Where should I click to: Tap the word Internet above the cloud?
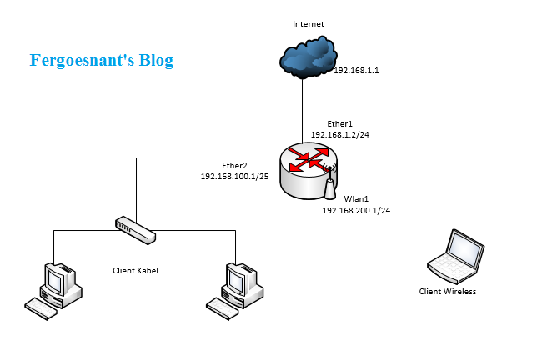point(308,24)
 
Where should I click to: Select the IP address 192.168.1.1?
point(356,72)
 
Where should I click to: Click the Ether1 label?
point(340,123)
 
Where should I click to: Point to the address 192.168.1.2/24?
point(339,134)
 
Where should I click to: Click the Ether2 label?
point(234,165)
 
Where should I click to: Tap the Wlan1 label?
point(356,199)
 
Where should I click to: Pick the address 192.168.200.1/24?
point(356,211)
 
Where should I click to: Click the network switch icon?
point(135,229)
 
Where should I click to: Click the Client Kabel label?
point(135,271)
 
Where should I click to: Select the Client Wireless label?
point(448,292)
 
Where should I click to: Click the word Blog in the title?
point(153,61)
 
